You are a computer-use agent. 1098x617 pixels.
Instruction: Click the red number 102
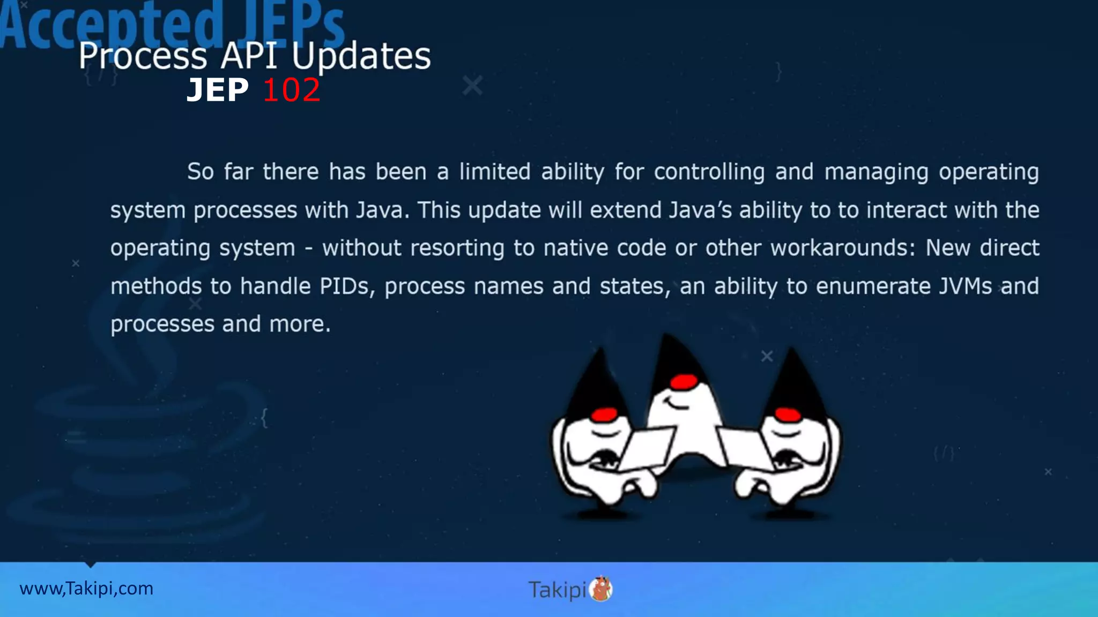point(291,90)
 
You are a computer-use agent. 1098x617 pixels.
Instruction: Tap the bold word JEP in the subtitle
point(218,90)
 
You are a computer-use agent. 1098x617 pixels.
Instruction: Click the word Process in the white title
point(143,56)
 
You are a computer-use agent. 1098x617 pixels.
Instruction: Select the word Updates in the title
point(361,56)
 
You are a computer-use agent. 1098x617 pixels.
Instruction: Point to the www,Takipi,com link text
point(86,589)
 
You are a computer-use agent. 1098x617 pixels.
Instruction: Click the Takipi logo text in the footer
point(557,590)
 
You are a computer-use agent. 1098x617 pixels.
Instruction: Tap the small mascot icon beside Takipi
point(601,589)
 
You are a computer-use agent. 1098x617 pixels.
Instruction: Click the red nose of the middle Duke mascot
point(684,382)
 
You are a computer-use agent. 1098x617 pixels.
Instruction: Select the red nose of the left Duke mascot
point(605,414)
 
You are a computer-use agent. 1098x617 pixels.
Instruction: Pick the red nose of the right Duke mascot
point(788,414)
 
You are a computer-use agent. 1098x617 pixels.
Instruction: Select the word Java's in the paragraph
point(700,210)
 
